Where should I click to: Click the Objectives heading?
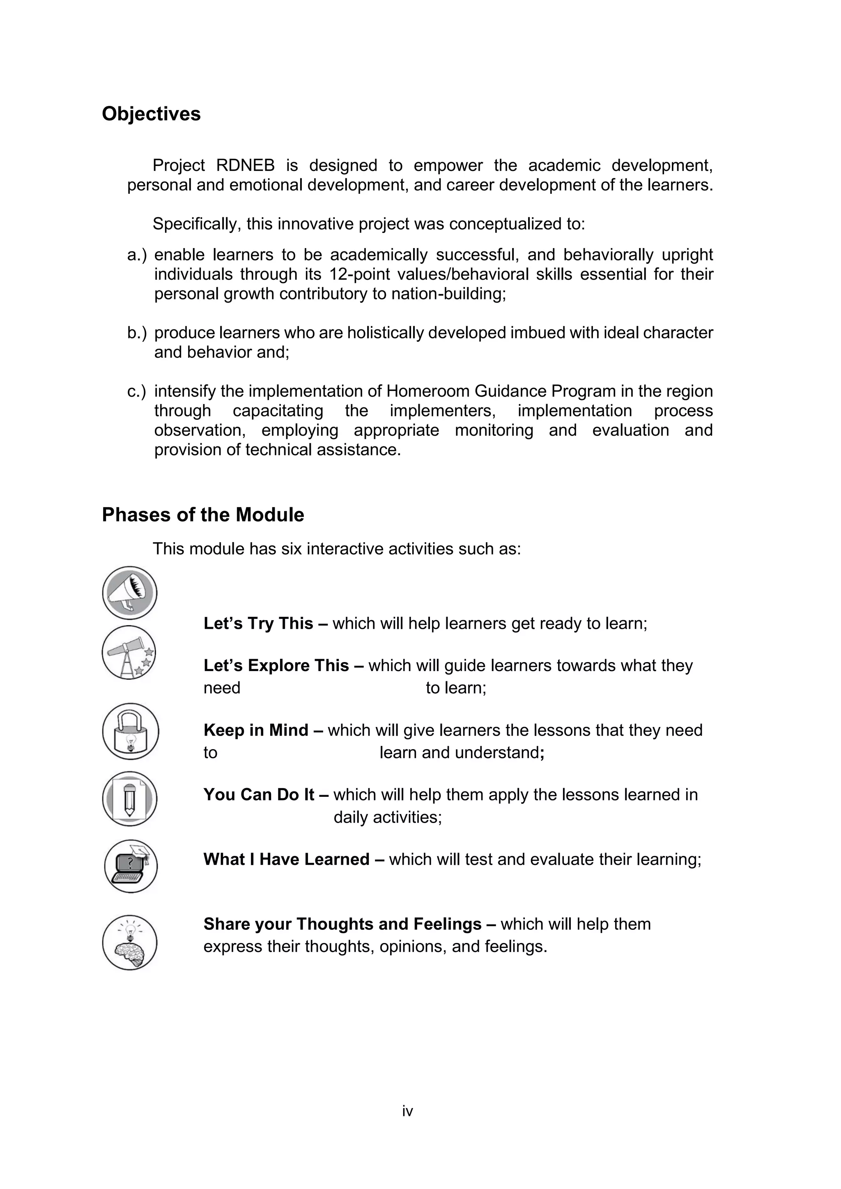point(151,114)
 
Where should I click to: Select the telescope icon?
point(129,653)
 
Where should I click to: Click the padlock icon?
point(130,731)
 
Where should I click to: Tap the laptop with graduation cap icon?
point(131,866)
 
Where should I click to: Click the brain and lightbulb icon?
point(129,943)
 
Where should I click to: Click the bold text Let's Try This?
point(258,623)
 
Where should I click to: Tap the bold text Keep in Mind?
point(256,730)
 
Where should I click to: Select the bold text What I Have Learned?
point(286,859)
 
